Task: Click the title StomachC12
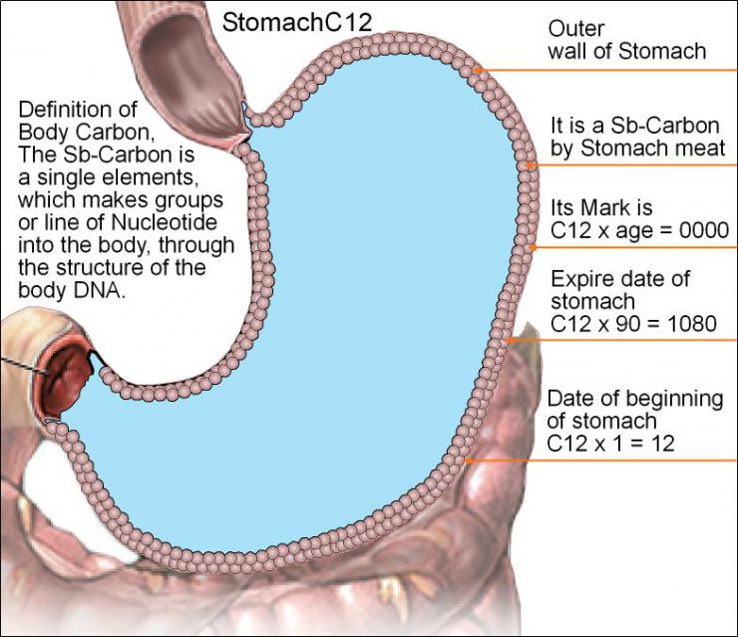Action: click(296, 23)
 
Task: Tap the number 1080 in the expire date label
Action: click(702, 323)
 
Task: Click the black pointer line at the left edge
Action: click(20, 360)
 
